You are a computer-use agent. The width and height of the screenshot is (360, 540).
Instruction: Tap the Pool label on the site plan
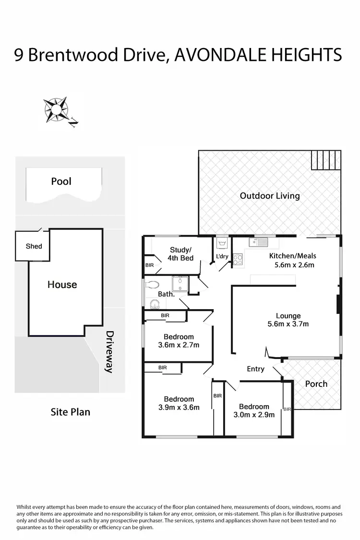coord(61,181)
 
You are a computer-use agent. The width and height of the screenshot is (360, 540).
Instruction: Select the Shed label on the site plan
coord(34,246)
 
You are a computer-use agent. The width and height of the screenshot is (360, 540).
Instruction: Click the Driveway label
coord(109,351)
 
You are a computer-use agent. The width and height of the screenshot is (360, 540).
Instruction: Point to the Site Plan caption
coord(70,412)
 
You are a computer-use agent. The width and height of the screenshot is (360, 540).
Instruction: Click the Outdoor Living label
coord(270,196)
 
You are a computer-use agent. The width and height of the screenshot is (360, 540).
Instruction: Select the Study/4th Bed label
coord(180,254)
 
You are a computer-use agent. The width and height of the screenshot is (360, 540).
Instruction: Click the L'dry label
coord(222,256)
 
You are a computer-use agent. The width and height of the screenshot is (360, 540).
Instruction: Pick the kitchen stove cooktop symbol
coord(238,260)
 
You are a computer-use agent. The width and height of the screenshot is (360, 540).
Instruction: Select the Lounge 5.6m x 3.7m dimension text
coord(288,324)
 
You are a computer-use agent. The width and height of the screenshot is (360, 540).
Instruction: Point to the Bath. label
coord(167,294)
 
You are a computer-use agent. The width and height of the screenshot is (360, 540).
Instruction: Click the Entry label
coord(255,369)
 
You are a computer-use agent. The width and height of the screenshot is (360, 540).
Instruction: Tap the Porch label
coord(316,384)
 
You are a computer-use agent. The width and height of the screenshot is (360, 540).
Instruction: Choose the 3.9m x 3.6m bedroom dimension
coord(179,408)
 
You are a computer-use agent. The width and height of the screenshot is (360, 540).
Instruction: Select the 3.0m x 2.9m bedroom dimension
coord(254,415)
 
